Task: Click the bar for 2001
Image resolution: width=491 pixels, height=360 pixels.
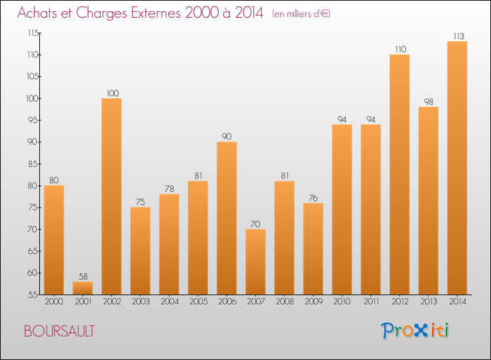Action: tap(82, 288)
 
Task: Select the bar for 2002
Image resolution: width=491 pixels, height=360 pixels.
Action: tap(111, 196)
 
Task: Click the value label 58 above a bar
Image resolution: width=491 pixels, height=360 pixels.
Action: tap(82, 276)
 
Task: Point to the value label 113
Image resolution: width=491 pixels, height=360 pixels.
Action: tap(457, 36)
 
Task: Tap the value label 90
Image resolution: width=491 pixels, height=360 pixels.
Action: tap(227, 136)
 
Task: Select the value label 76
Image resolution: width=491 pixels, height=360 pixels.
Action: tap(313, 198)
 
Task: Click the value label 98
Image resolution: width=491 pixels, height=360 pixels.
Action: tap(428, 101)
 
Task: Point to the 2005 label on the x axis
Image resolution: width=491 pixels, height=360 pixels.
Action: tap(198, 302)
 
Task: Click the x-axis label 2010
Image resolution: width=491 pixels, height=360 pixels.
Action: tap(342, 302)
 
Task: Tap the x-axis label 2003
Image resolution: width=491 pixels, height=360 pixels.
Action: tap(140, 302)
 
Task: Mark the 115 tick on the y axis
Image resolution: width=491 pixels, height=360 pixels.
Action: tap(32, 33)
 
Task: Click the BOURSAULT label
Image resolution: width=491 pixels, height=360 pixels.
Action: tap(59, 331)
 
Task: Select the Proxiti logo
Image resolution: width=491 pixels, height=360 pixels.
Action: tap(416, 331)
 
